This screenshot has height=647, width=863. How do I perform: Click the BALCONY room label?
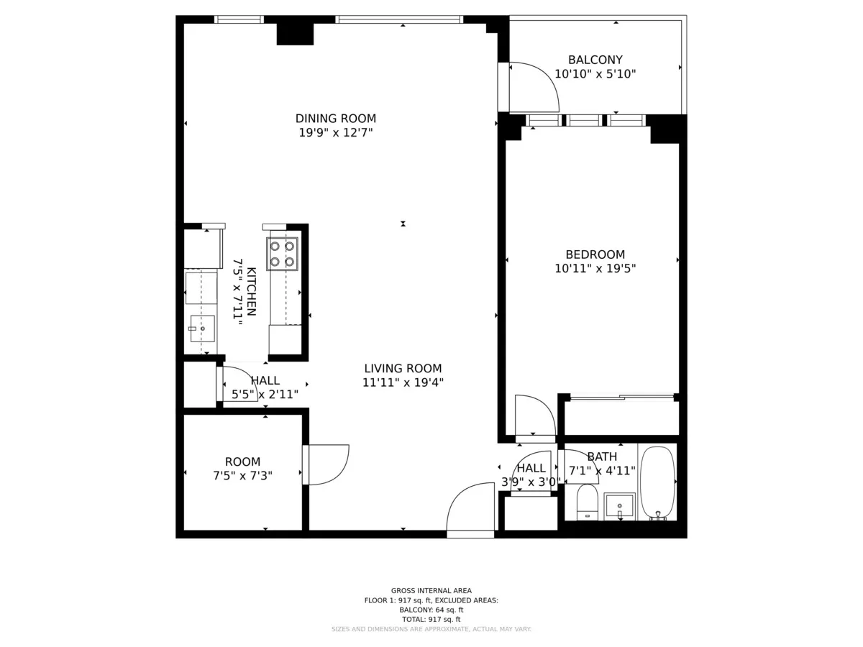[x=595, y=60]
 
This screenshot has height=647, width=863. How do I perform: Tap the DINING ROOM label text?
[x=336, y=119]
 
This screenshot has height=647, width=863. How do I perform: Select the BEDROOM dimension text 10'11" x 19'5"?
[x=595, y=269]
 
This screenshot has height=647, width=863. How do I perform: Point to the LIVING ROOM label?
[x=403, y=369]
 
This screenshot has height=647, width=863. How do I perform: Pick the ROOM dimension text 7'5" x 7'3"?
[x=242, y=475]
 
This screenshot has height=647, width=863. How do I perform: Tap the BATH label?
[x=602, y=456]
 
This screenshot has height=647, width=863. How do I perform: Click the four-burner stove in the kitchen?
[x=282, y=253]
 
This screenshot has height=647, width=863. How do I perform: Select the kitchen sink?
[x=202, y=329]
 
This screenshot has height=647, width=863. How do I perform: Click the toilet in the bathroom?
[x=588, y=501]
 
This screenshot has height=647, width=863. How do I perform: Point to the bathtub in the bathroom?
[x=657, y=482]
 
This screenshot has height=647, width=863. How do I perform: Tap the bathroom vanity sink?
[x=619, y=506]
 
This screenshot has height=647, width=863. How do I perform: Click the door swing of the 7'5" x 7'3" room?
[x=327, y=464]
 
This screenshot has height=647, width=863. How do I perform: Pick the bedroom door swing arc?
[x=535, y=416]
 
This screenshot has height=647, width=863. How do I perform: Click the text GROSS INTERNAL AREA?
[x=431, y=591]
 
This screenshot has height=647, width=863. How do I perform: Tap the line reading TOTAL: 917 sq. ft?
[x=431, y=619]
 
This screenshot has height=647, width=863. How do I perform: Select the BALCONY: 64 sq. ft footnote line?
[x=431, y=610]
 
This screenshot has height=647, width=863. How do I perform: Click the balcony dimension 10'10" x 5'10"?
[x=595, y=73]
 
